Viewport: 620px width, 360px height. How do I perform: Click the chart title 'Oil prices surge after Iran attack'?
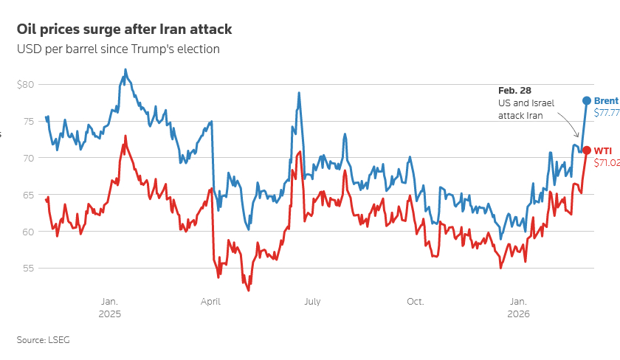pyautogui.click(x=124, y=30)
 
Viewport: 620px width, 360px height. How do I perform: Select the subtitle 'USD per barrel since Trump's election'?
pyautogui.click(x=118, y=49)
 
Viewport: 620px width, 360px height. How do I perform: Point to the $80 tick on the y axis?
pyautogui.click(x=25, y=84)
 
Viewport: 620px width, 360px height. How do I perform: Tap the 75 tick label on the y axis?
pyautogui.click(x=27, y=121)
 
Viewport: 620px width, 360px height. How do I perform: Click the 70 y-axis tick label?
pyautogui.click(x=27, y=158)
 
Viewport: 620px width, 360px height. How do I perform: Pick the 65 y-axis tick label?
pyautogui.click(x=27, y=195)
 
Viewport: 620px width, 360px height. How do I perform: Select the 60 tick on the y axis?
pyautogui.click(x=27, y=232)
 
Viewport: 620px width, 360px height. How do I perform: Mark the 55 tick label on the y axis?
pyautogui.click(x=27, y=269)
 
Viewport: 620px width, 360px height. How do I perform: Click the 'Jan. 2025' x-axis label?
pyautogui.click(x=108, y=307)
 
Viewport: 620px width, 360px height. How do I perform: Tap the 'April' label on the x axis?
pyautogui.click(x=210, y=301)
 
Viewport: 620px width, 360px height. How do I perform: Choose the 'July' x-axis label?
pyautogui.click(x=312, y=301)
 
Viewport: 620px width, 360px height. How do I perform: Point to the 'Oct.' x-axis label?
pyautogui.click(x=416, y=301)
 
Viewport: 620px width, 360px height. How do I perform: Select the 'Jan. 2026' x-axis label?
pyautogui.click(x=519, y=307)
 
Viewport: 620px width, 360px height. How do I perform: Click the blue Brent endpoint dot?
pyautogui.click(x=587, y=100)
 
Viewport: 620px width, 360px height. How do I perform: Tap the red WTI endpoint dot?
pyautogui.click(x=587, y=150)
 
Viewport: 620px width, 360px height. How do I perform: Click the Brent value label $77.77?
pyautogui.click(x=606, y=113)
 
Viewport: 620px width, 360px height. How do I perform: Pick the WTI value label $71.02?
pyautogui.click(x=606, y=163)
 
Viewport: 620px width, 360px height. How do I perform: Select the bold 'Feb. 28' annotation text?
pyautogui.click(x=515, y=90)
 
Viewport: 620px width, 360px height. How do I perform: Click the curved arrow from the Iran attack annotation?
pyautogui.click(x=569, y=123)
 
